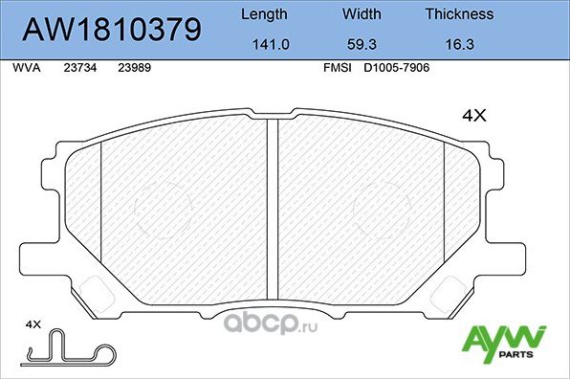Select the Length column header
pyautogui.click(x=263, y=14)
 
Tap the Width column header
pyautogui.click(x=362, y=14)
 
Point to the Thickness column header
pyautogui.click(x=459, y=14)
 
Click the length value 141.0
pyautogui.click(x=263, y=43)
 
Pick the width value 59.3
pyautogui.click(x=362, y=43)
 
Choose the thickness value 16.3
pyautogui.click(x=459, y=43)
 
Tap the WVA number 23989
pyautogui.click(x=133, y=69)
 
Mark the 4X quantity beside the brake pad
pyautogui.click(x=474, y=116)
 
